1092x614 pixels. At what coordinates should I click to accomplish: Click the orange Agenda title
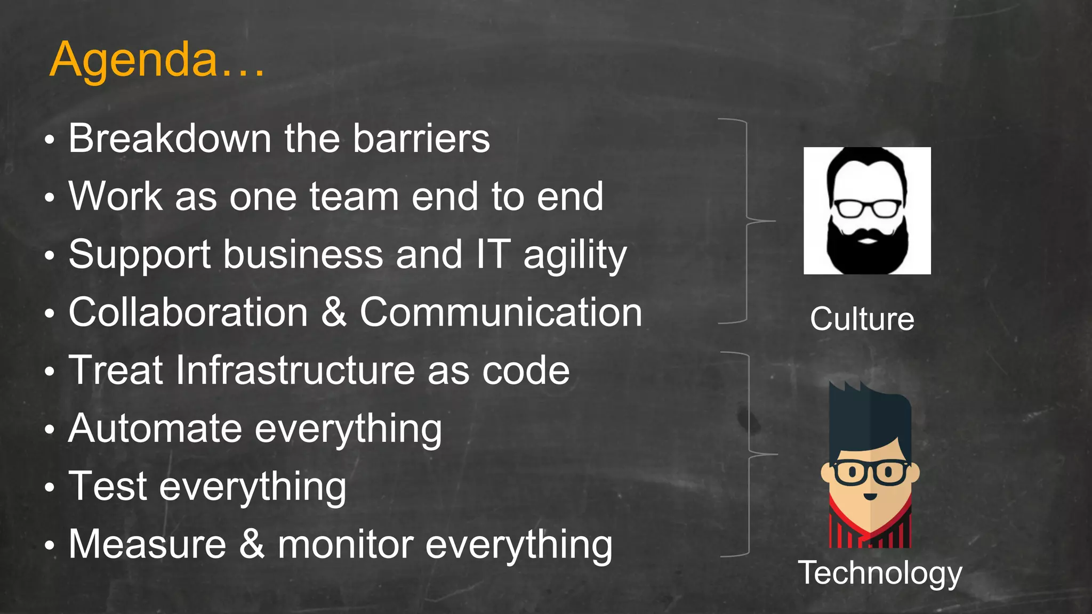pos(157,60)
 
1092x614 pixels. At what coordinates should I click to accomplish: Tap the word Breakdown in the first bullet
pos(170,139)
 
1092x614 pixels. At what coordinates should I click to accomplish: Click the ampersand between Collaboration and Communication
pos(334,312)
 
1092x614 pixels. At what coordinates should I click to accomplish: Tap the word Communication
pos(501,312)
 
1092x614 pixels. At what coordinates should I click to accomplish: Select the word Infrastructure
pos(295,370)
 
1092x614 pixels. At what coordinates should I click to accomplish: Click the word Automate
pos(155,428)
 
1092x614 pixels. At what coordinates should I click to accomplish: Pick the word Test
pos(108,486)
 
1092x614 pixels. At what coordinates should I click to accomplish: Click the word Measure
pos(148,544)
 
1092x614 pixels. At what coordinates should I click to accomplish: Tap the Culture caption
pos(862,319)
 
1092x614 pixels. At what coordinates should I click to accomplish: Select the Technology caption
pos(880,573)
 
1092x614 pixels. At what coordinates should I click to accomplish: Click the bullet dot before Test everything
pos(50,487)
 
